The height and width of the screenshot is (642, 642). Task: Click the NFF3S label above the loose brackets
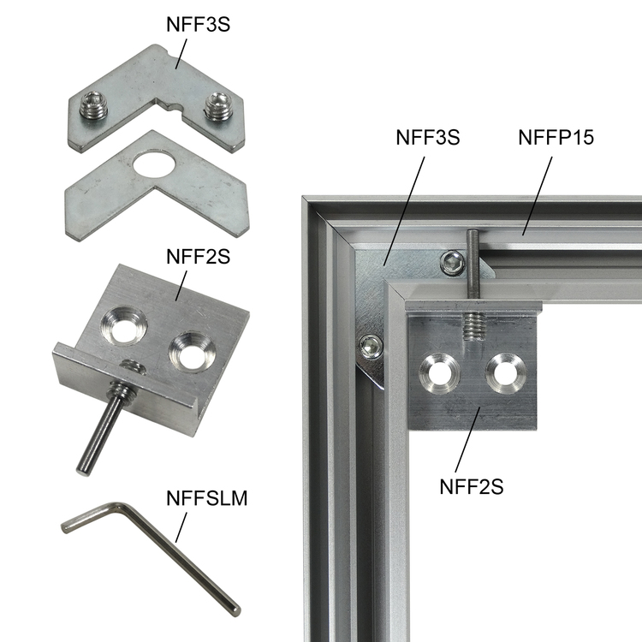[x=199, y=25]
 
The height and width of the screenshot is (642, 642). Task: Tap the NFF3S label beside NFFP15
[x=428, y=137]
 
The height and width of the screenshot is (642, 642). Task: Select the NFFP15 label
[x=556, y=137]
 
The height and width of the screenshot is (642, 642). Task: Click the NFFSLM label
[x=207, y=498]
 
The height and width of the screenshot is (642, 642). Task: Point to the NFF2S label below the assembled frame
[x=472, y=487]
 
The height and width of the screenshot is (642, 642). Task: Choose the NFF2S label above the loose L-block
[x=199, y=257]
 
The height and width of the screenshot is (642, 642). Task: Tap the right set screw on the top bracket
[x=217, y=106]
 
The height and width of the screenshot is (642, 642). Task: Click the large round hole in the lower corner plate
[x=154, y=163]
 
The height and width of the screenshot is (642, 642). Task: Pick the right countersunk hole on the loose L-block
[x=192, y=353]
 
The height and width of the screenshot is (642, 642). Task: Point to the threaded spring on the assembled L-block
[x=474, y=326]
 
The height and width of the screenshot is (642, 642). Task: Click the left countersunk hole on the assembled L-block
[x=439, y=372]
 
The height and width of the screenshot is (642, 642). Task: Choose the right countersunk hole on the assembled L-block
[x=506, y=372]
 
